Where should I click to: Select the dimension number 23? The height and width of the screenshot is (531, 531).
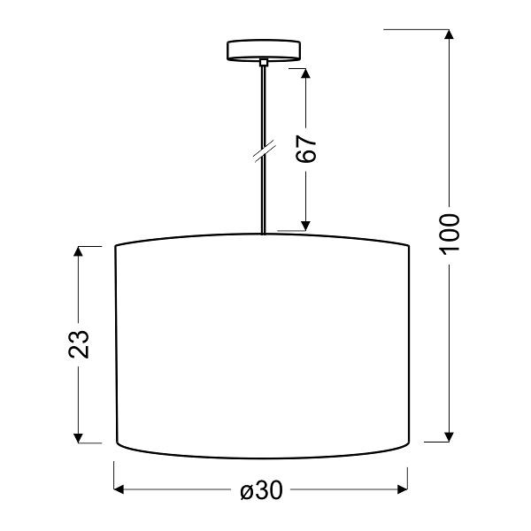tap(80, 343)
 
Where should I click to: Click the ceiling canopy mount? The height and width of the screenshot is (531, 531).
tap(264, 50)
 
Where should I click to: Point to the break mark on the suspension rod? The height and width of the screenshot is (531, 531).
tap(263, 152)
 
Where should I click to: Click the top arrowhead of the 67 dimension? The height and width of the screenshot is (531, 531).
tap(306, 74)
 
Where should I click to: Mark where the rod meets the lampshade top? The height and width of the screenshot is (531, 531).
tap(264, 233)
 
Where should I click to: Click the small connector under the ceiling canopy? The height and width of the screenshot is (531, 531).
tap(264, 62)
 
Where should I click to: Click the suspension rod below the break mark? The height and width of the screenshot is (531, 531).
tap(264, 195)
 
